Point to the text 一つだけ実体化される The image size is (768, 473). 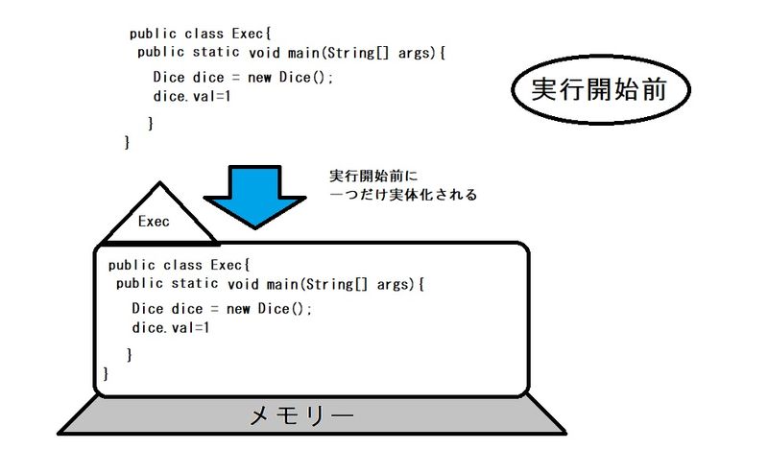click(403, 195)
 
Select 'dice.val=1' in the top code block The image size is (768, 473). click(192, 96)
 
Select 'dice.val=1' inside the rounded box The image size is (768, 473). click(170, 327)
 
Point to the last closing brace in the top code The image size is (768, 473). click(127, 143)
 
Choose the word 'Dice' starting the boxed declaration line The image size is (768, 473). click(148, 308)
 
